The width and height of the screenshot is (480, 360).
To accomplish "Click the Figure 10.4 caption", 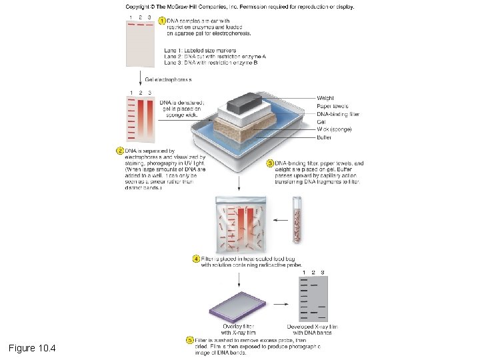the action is (33, 349).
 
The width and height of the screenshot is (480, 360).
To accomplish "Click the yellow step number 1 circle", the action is (161, 21).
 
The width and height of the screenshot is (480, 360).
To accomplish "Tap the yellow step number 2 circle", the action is (121, 151).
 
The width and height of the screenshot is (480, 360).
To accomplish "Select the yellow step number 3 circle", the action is (271, 163).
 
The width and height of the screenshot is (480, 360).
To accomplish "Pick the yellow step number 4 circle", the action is (196, 258).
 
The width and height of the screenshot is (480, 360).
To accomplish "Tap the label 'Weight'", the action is (325, 98).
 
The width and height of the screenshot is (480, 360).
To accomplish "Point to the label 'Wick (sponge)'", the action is (333, 129).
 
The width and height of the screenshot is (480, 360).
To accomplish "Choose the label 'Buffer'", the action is (325, 137).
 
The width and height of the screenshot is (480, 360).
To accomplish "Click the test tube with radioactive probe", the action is (297, 219).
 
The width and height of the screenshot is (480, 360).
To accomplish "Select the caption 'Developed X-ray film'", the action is (312, 327).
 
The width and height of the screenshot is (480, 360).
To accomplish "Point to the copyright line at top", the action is (240, 7).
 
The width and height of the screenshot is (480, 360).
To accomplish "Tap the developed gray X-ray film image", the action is (312, 297).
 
